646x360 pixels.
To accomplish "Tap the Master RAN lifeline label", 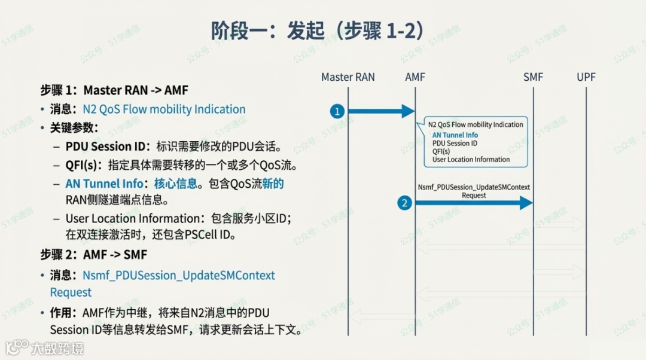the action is pos(348,77).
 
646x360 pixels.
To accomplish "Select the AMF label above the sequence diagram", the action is pos(415,77).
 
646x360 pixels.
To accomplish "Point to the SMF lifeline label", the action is pos(533,77).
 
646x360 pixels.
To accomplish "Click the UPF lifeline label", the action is pos(586,77).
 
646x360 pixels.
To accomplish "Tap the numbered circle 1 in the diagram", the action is pos(337,111).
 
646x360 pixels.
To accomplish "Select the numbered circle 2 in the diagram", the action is pos(405,203).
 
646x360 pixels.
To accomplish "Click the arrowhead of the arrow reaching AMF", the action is pos(409,111).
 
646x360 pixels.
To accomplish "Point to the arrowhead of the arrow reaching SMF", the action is pos(526,203).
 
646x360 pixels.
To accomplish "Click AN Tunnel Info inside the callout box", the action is pos(455,135).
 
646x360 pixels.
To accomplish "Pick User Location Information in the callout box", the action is pos(471,160).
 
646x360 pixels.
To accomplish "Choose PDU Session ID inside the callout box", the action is pos(455,144).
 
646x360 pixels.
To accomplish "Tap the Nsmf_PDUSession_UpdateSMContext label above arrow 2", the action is pos(474,187).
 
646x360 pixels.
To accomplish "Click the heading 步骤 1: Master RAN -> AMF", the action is pos(114,90).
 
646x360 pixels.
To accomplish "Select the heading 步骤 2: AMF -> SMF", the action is pos(94,255).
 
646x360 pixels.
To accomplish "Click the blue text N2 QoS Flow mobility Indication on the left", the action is pos(164,109).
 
